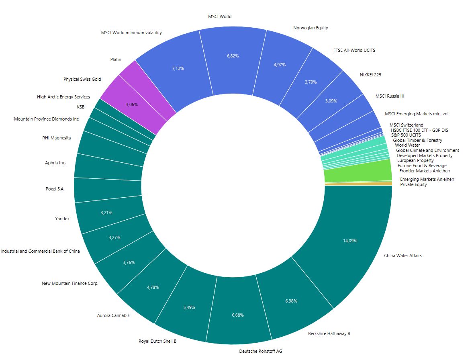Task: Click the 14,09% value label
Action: (350, 241)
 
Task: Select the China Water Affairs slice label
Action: (403, 256)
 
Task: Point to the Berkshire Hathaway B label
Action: (329, 333)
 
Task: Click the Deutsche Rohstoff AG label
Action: (260, 351)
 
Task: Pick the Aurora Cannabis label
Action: (113, 315)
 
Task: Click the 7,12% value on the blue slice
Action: (178, 68)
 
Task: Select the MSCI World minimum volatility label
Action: (131, 33)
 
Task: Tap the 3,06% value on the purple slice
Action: (131, 104)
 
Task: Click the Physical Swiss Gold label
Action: (82, 79)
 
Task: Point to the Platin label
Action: (116, 59)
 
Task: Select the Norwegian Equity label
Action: (311, 28)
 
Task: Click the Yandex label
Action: (62, 219)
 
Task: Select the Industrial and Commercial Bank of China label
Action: (40, 251)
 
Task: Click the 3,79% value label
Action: (311, 82)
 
